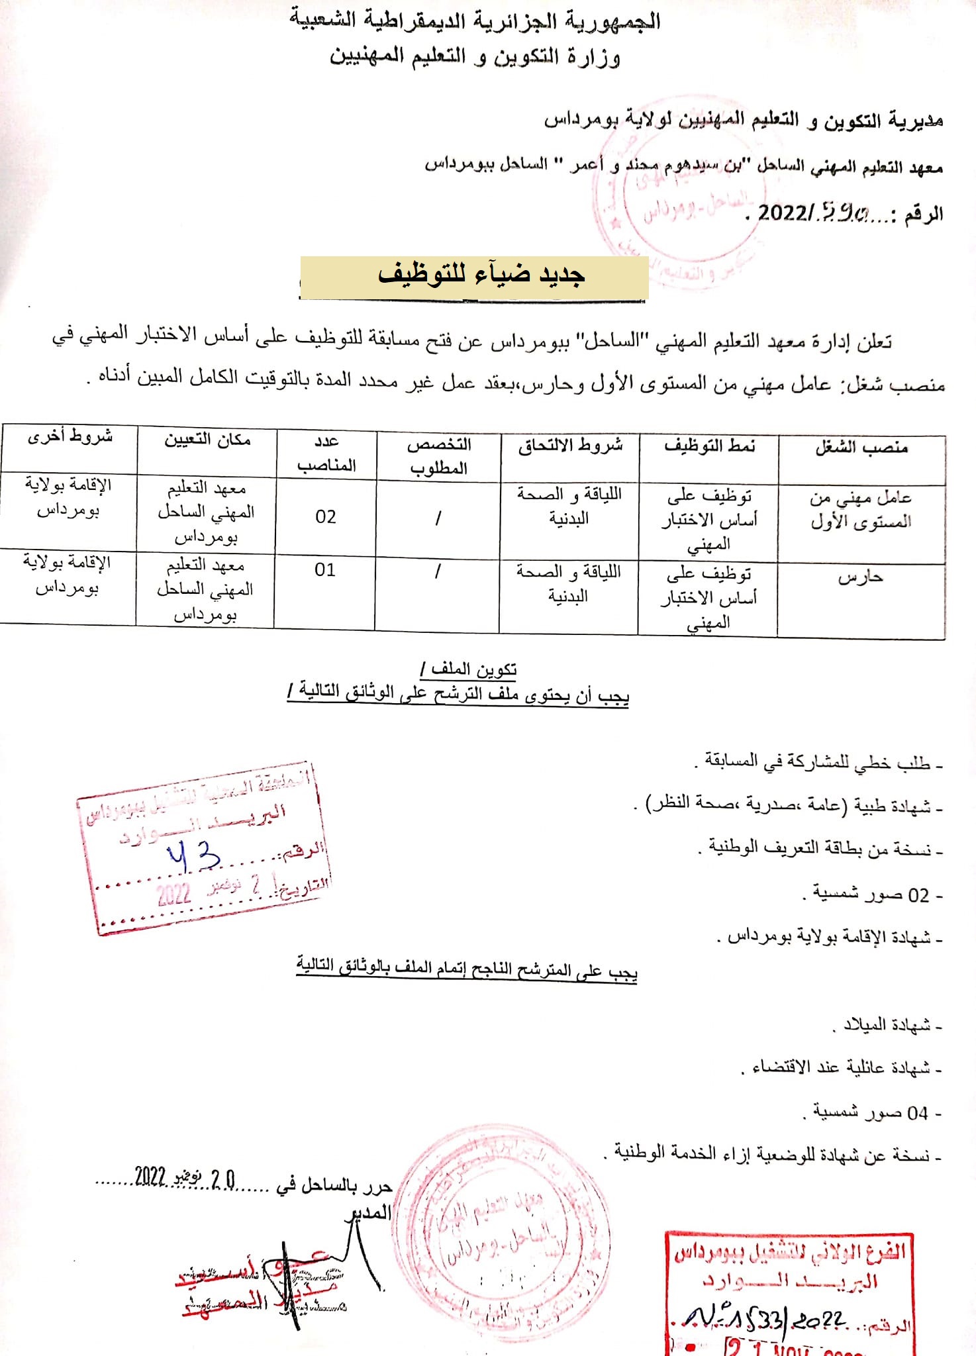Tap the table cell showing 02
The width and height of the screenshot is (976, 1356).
point(326,516)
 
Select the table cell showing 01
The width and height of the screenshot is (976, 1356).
point(324,570)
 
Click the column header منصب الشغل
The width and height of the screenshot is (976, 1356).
point(861,448)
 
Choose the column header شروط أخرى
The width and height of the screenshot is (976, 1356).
point(70,437)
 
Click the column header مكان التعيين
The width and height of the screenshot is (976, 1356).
point(207,440)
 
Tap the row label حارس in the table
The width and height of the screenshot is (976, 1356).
point(860,577)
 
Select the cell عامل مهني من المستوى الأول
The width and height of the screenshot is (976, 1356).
point(861,510)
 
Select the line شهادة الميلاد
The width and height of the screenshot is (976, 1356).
point(887,1026)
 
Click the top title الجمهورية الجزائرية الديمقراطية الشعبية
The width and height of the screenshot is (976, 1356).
point(475,21)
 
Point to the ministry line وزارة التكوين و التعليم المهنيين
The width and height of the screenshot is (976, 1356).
point(475,56)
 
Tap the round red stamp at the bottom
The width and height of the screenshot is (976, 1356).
point(503,1232)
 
